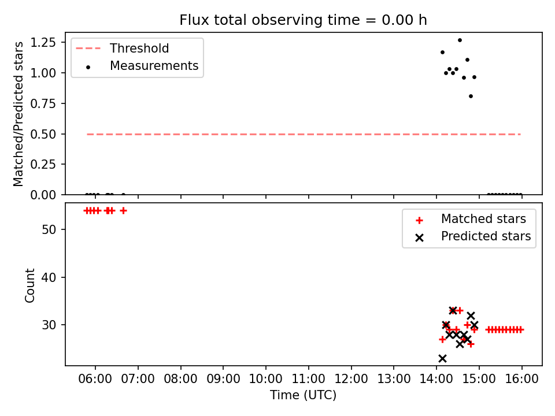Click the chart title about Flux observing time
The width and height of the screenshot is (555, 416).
tap(303, 20)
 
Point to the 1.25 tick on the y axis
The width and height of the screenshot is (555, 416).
tap(43, 42)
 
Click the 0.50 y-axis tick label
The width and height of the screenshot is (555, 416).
tap(43, 134)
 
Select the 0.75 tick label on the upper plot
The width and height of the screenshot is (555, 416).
tap(43, 103)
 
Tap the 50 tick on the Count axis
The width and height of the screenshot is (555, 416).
tap(49, 229)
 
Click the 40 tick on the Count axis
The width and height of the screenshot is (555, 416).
tap(49, 277)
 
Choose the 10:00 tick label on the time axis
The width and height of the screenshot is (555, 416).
tap(266, 379)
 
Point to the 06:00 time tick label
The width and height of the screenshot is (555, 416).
tap(95, 379)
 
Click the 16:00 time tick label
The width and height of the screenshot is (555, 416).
tap(521, 379)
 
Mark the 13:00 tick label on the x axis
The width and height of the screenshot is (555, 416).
tap(394, 379)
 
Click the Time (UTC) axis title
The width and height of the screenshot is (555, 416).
tap(303, 395)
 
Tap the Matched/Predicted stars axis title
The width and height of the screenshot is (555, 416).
tap(18, 114)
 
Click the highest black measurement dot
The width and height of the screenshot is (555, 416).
tap(460, 40)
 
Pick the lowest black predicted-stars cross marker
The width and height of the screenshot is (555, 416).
tap(442, 358)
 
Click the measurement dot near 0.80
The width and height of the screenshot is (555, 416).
tap(471, 96)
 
